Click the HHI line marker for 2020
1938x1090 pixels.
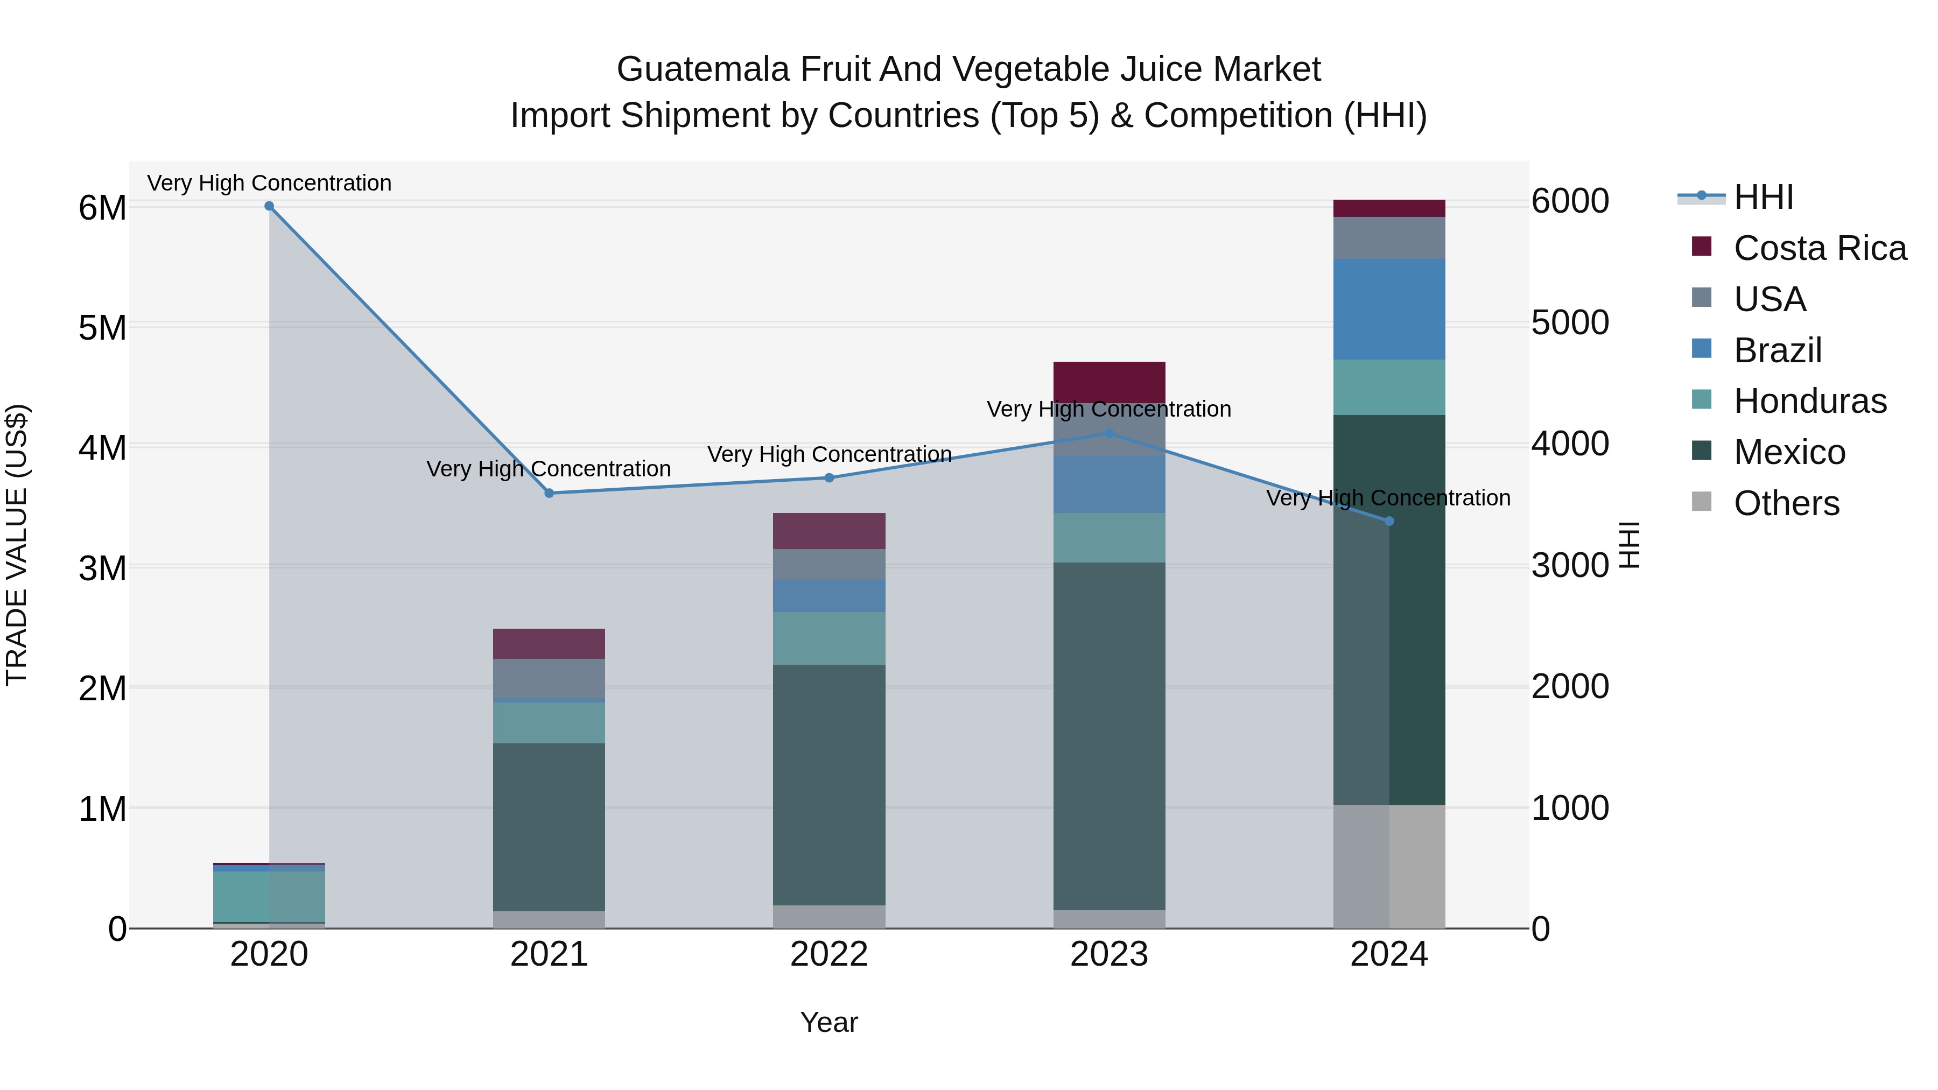pos(269,206)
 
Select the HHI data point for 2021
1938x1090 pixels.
pos(549,494)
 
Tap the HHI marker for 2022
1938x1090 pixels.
pos(829,477)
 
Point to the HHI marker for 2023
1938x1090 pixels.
pos(1109,433)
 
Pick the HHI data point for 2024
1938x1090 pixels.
pos(1389,521)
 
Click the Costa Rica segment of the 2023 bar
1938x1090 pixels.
pos(1109,382)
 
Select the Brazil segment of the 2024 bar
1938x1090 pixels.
pos(1389,309)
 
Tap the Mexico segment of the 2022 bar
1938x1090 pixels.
pos(829,785)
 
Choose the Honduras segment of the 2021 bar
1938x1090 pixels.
pos(549,723)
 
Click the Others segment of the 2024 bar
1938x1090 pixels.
pos(1389,867)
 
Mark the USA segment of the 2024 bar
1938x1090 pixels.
pos(1389,238)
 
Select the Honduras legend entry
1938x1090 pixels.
pos(1809,401)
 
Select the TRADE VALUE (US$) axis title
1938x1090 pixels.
pos(17,545)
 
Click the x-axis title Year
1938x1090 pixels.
pos(829,1022)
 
